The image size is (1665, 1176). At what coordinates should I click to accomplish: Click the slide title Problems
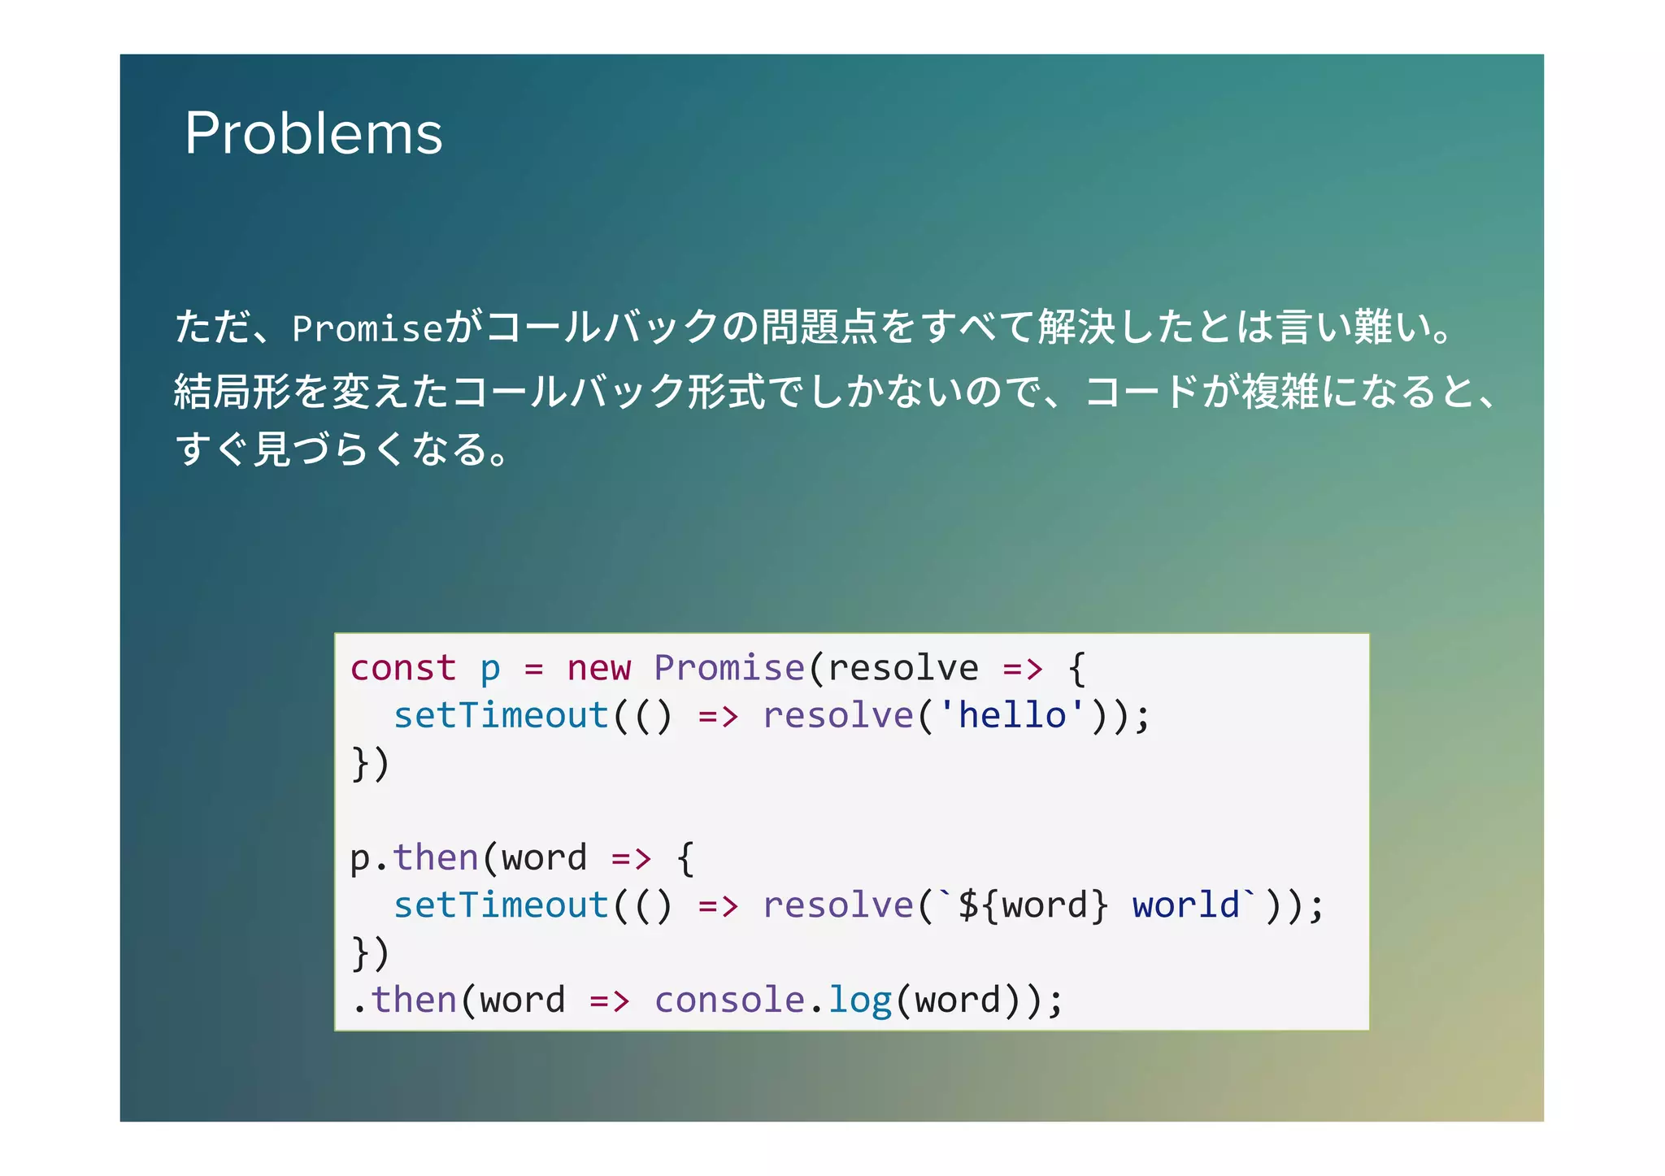[x=313, y=133]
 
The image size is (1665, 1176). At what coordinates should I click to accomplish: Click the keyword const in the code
[x=402, y=669]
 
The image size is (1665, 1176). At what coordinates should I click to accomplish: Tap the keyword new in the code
[x=598, y=669]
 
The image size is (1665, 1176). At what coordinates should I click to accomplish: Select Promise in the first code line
[x=729, y=669]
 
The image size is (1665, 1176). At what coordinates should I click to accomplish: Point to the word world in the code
[x=1185, y=905]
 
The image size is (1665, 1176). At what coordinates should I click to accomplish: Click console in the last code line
[x=729, y=1000]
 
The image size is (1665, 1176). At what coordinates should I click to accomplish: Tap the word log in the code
[x=859, y=1000]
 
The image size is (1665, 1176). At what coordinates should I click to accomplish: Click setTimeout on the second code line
[x=501, y=716]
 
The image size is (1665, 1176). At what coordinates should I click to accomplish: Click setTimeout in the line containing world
[x=501, y=905]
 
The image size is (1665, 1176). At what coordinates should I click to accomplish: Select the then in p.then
[x=436, y=858]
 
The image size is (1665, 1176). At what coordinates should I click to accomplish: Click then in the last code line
[x=414, y=1000]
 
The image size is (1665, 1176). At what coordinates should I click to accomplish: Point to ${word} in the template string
[x=1033, y=905]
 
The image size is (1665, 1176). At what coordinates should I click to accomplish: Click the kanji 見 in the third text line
[x=272, y=449]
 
